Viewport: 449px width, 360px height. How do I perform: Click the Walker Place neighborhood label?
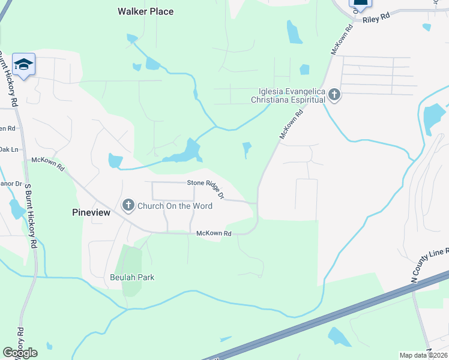(145, 11)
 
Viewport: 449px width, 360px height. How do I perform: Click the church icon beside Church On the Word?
(128, 206)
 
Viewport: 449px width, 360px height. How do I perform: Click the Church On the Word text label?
(175, 206)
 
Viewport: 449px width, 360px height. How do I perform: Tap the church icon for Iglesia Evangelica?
(334, 95)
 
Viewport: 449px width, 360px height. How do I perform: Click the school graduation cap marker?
(23, 64)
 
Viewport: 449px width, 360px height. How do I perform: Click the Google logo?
(20, 352)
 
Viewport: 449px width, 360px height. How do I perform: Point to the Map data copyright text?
(424, 355)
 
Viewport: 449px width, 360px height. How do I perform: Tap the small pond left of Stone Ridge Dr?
(115, 161)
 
